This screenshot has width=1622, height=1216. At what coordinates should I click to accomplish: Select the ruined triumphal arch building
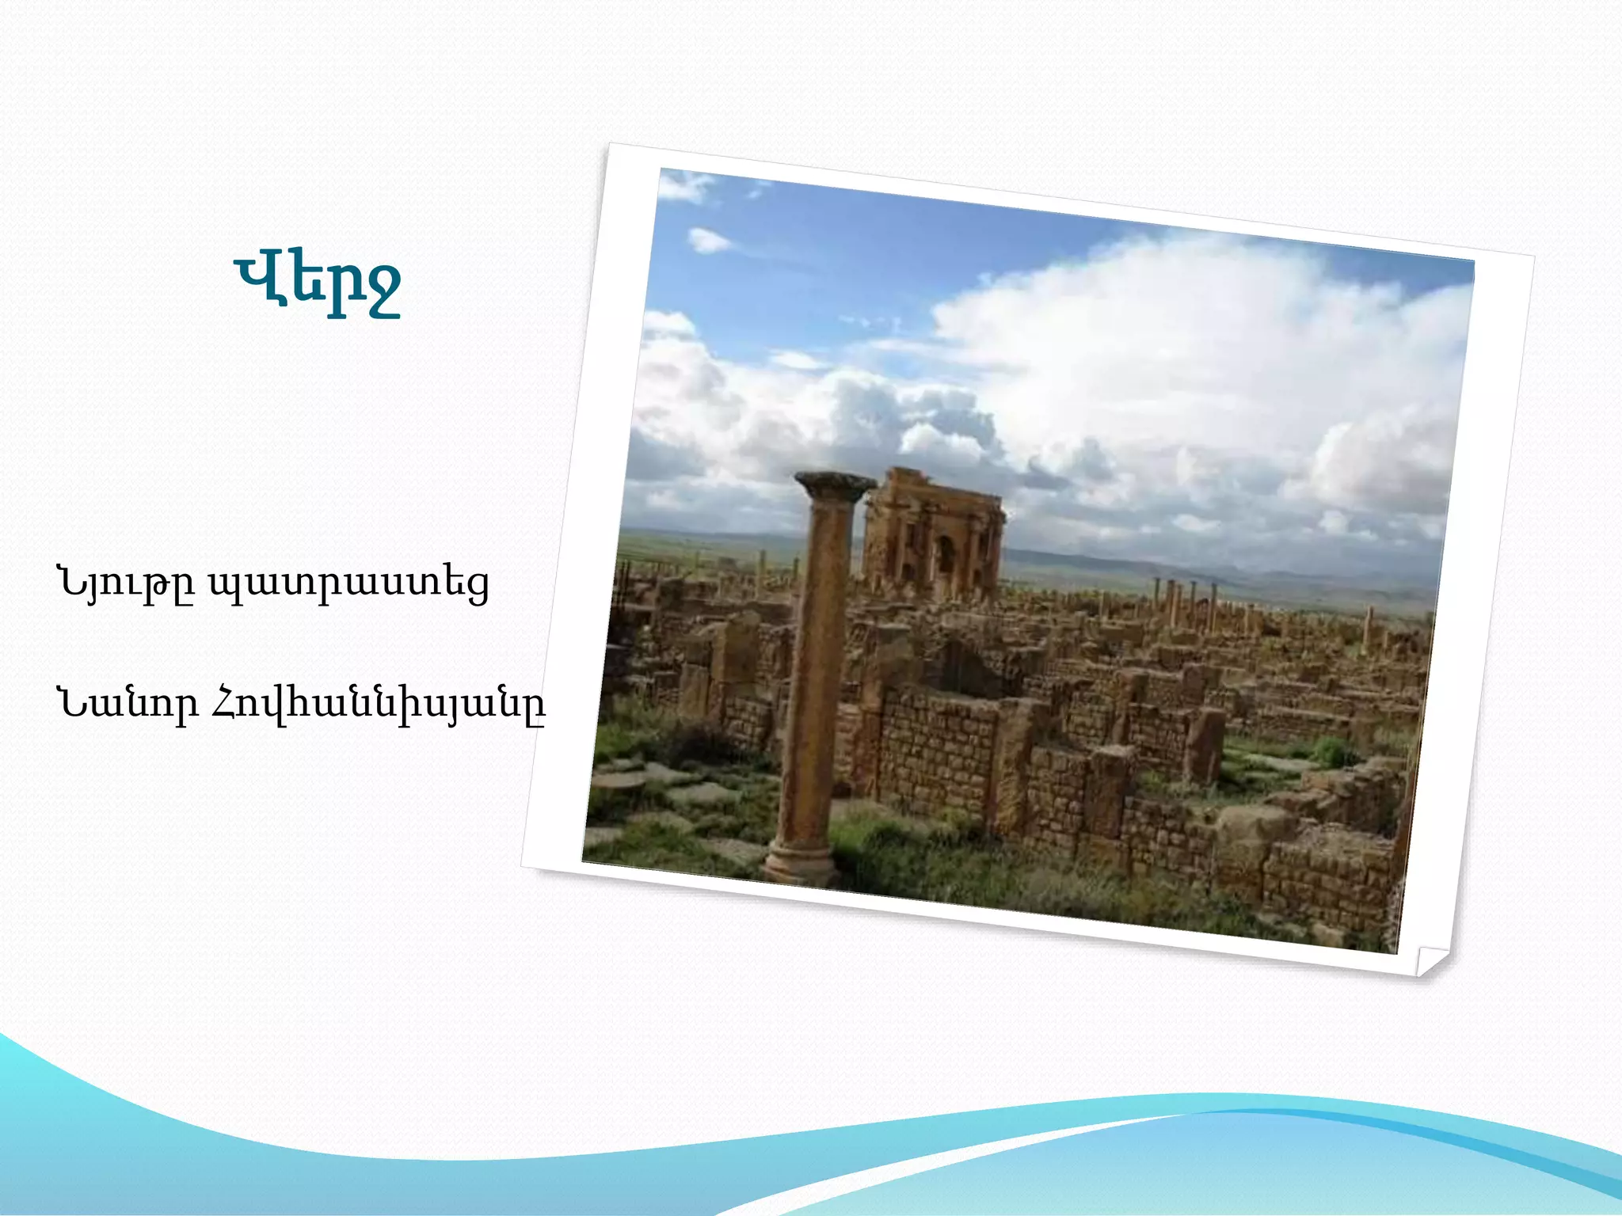pyautogui.click(x=933, y=534)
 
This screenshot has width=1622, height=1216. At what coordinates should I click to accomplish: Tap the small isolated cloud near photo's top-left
pyautogui.click(x=707, y=239)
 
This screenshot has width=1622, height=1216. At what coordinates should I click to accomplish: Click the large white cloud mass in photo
pyautogui.click(x=1188, y=356)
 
